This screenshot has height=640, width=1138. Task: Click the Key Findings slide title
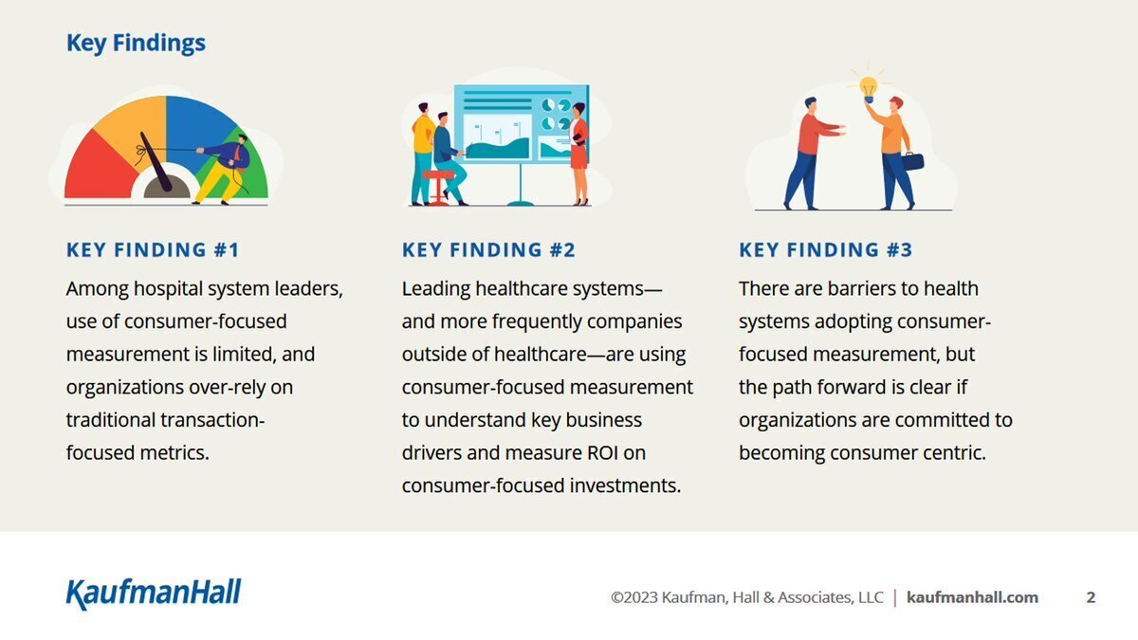point(136,44)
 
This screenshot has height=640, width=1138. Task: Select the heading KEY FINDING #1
point(153,250)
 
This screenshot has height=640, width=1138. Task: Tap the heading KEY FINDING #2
point(488,250)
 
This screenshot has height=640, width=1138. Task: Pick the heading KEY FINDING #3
point(826,250)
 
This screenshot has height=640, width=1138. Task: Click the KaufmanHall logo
point(154,594)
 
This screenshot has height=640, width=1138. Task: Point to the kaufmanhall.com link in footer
point(972,597)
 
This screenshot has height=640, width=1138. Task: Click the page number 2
point(1091,597)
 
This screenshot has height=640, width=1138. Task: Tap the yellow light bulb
point(869,88)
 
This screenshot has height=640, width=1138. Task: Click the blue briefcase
point(913,161)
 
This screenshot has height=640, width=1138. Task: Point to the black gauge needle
point(156,162)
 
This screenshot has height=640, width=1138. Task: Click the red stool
point(438,187)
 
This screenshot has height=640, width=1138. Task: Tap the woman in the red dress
point(579,154)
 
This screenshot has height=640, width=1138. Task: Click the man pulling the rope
point(224,169)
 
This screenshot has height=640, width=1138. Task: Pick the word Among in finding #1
point(97,289)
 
